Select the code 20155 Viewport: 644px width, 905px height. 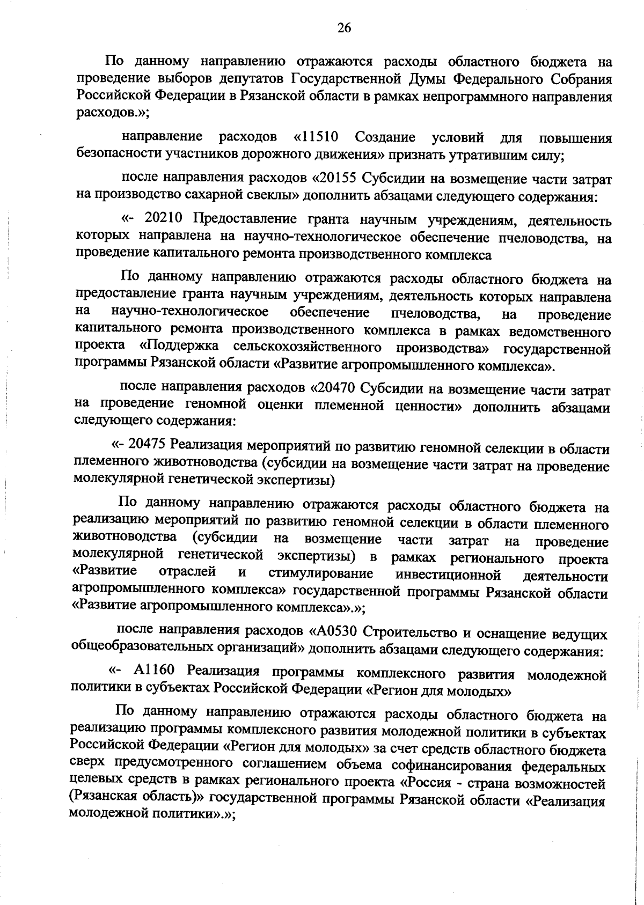point(339,178)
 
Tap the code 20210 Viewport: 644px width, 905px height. point(165,218)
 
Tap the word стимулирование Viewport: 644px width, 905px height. point(321,574)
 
